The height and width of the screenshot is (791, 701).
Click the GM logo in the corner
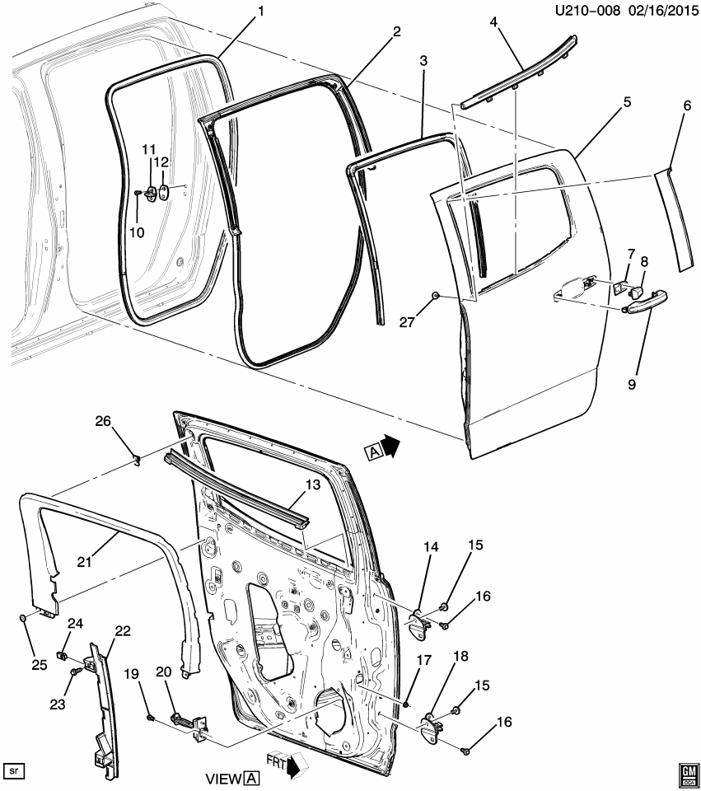685,770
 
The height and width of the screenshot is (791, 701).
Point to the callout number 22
123,631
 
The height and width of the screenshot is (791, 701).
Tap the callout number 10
136,232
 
